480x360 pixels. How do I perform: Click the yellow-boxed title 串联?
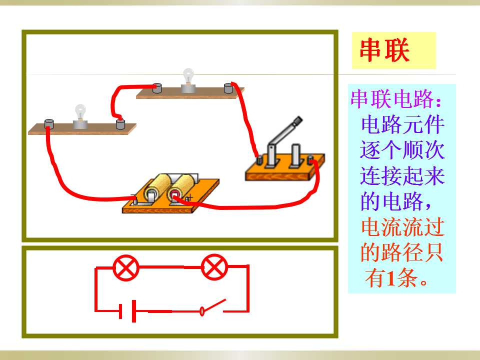click(x=384, y=50)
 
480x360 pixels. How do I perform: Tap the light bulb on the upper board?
click(x=188, y=76)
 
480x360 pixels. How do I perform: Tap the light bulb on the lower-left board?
click(x=80, y=112)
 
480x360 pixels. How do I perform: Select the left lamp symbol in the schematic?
click(x=126, y=268)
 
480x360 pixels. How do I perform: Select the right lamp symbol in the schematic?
click(x=214, y=267)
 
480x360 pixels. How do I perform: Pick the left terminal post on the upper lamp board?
click(x=157, y=88)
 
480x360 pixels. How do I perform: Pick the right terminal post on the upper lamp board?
click(x=228, y=88)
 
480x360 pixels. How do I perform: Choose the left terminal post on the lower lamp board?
click(x=49, y=124)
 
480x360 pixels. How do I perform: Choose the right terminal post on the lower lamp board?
click(x=120, y=124)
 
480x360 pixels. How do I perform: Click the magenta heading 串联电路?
click(x=396, y=99)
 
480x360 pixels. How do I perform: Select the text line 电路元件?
click(x=402, y=124)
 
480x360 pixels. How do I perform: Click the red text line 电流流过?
click(x=402, y=227)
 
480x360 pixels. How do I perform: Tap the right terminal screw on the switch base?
click(x=310, y=160)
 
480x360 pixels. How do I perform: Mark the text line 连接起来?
click(x=402, y=175)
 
